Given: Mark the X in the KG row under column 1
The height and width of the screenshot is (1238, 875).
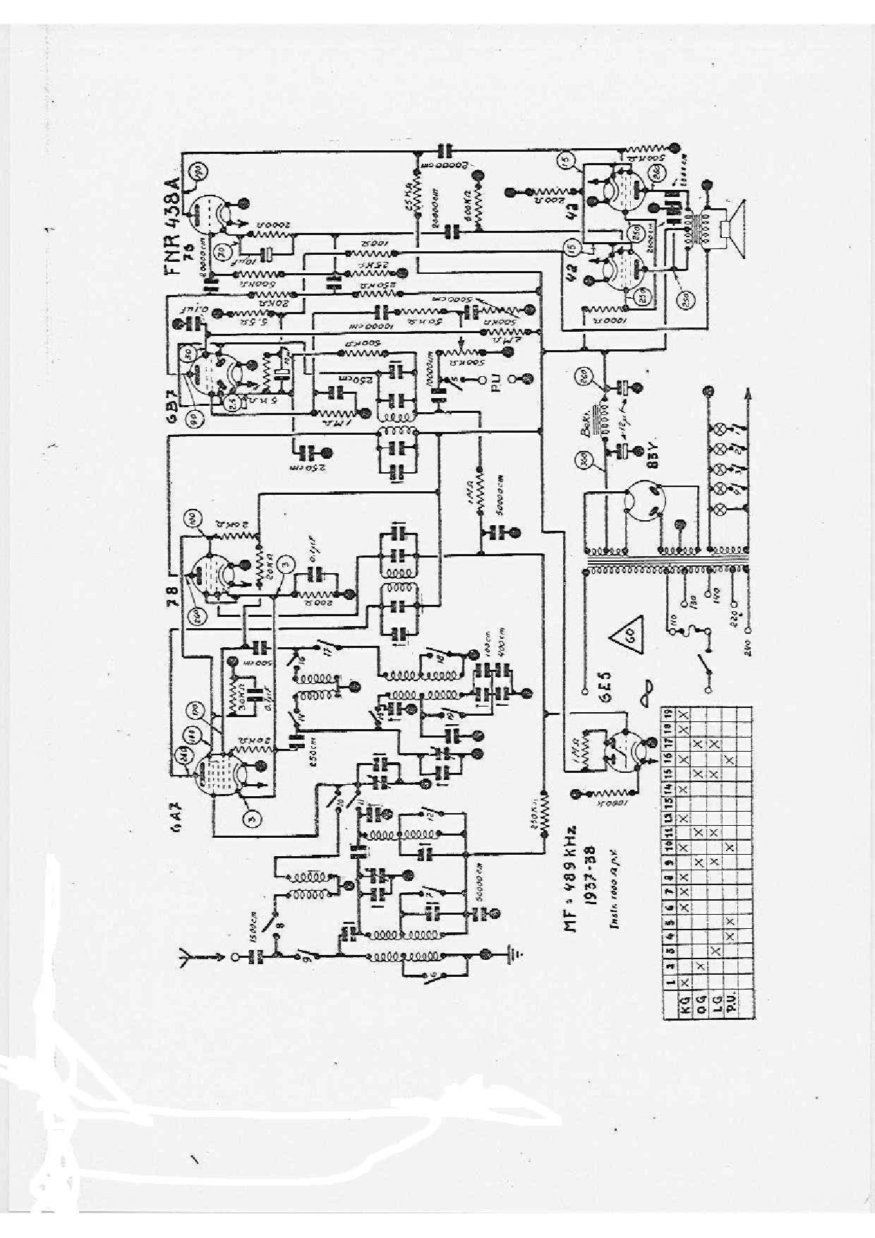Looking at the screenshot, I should pyautogui.click(x=683, y=982).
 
